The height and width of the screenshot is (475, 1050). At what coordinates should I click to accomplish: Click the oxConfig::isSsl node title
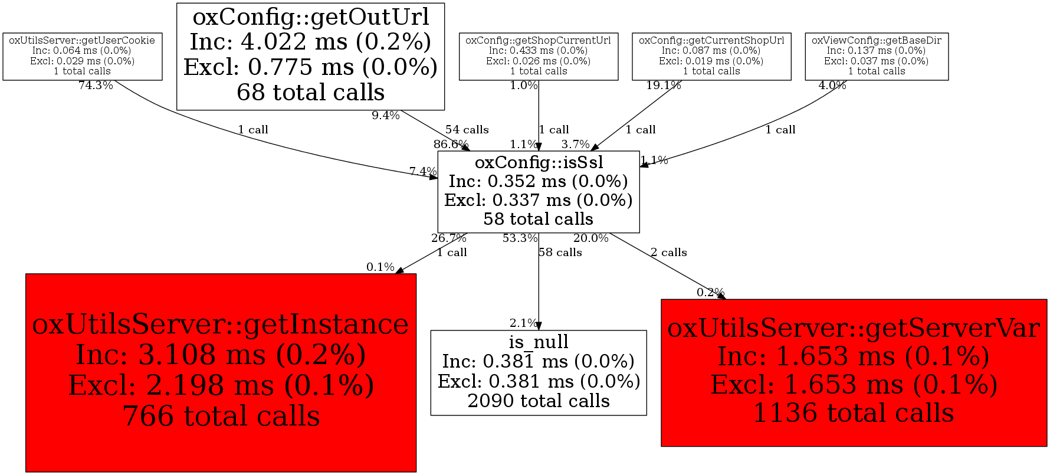pyautogui.click(x=539, y=162)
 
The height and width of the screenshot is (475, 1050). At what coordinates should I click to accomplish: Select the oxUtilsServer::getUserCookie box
pyautogui.click(x=83, y=56)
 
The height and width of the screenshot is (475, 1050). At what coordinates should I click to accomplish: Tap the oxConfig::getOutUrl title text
pyautogui.click(x=311, y=17)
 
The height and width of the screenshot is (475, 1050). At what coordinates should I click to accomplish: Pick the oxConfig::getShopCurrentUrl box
pyautogui.click(x=539, y=56)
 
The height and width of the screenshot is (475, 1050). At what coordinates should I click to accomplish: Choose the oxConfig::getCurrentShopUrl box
pyautogui.click(x=711, y=56)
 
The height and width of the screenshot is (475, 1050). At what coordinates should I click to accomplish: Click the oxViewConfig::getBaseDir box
pyautogui.click(x=877, y=56)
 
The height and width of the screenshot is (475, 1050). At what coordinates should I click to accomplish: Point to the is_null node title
pyautogui.click(x=539, y=342)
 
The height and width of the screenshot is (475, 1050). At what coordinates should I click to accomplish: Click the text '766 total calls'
pyautogui.click(x=221, y=416)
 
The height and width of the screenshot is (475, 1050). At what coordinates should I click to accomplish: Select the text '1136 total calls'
pyautogui.click(x=854, y=412)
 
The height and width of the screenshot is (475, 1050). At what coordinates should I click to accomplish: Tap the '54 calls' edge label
pyautogui.click(x=467, y=129)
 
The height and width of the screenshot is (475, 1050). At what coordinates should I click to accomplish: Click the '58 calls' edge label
pyautogui.click(x=560, y=253)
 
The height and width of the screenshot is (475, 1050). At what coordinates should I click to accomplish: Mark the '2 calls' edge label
pyautogui.click(x=668, y=253)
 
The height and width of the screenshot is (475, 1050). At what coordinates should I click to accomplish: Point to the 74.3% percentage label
pyautogui.click(x=96, y=86)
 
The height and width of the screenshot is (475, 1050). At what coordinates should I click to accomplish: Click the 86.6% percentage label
pyautogui.click(x=451, y=144)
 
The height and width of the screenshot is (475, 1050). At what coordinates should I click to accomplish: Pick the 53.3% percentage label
pyautogui.click(x=520, y=238)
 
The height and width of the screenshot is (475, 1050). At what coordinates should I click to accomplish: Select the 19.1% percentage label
pyautogui.click(x=664, y=86)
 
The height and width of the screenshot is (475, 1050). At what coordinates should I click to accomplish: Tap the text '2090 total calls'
pyautogui.click(x=539, y=401)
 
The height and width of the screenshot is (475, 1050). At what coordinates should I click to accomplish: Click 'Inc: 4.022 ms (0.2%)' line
pyautogui.click(x=311, y=42)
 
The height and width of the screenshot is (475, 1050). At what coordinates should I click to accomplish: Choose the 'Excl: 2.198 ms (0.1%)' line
pyautogui.click(x=221, y=385)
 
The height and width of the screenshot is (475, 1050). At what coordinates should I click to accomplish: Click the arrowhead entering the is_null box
pyautogui.click(x=539, y=326)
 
